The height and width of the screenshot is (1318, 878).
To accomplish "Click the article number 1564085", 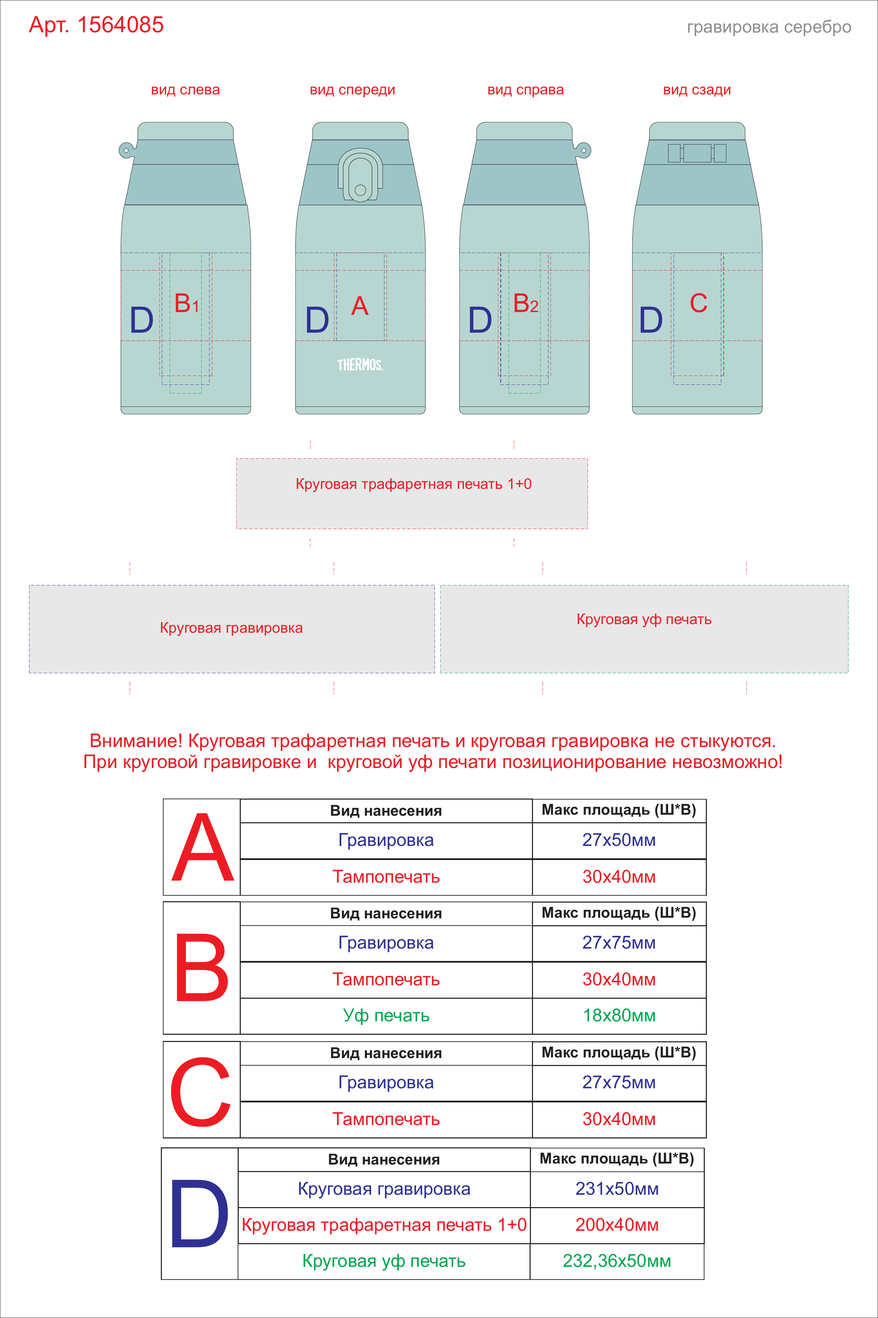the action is (120, 25).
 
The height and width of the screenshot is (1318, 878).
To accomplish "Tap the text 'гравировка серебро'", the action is (769, 27).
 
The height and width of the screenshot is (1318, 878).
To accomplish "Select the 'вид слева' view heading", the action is (185, 90).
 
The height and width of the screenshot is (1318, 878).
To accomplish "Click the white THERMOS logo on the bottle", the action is (360, 365).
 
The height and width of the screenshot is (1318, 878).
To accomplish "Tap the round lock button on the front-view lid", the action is (360, 190).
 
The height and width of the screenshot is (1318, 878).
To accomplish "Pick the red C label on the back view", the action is (698, 303).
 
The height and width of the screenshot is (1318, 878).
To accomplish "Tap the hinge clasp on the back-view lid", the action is (697, 153).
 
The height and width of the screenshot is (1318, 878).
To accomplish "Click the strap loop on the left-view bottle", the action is (127, 150).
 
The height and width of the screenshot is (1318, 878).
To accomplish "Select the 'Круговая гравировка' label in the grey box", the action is (231, 628).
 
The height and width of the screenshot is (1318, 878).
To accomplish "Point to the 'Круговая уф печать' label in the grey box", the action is (644, 620).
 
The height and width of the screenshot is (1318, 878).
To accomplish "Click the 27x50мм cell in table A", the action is (619, 840).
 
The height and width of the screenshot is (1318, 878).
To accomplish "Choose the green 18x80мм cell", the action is (619, 1016).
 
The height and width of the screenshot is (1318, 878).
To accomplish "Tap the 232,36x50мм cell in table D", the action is (617, 1261).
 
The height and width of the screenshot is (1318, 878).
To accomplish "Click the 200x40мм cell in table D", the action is (617, 1225).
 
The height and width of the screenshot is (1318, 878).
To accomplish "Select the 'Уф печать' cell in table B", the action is (387, 1016).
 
